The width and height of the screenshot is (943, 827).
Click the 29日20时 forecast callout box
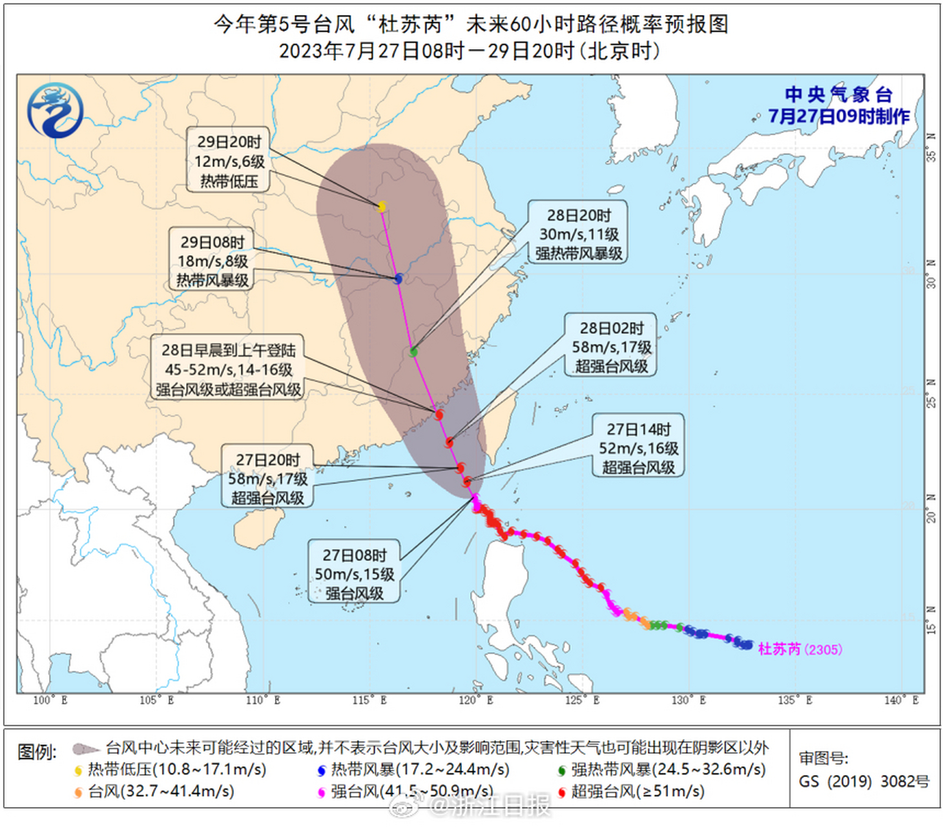click(x=229, y=160)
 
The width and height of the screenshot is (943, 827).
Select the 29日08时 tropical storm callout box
click(x=212, y=260)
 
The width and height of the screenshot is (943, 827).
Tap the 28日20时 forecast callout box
click(x=579, y=234)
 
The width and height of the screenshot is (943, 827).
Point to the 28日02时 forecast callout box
click(x=611, y=346)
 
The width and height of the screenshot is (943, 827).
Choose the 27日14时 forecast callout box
click(x=638, y=448)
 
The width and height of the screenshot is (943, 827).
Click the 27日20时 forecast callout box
click(x=267, y=478)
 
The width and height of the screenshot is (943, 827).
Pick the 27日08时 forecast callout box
click(x=354, y=574)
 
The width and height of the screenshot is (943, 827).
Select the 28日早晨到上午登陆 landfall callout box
click(x=228, y=370)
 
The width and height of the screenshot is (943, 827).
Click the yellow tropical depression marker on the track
click(x=382, y=207)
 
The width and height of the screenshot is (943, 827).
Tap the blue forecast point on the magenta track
click(x=399, y=278)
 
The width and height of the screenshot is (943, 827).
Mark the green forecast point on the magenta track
click(x=413, y=351)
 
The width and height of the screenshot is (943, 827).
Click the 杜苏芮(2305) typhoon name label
click(x=800, y=649)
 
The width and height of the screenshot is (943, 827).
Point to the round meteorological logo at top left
click(x=56, y=110)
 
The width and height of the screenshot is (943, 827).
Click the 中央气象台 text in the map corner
click(x=838, y=95)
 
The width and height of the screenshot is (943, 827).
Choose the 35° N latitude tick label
click(x=931, y=147)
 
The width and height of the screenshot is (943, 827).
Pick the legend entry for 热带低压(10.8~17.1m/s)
click(x=171, y=769)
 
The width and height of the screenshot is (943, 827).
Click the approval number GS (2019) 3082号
click(x=864, y=782)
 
